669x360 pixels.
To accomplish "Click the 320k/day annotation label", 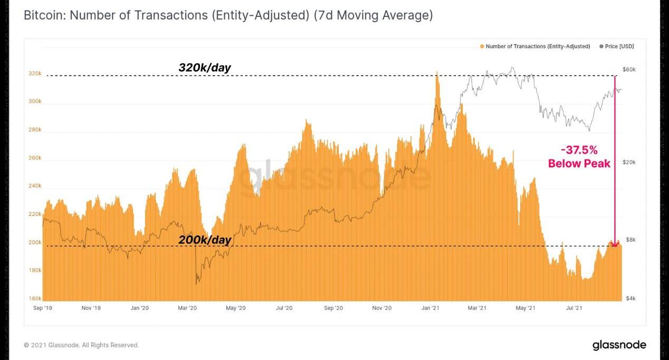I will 205,68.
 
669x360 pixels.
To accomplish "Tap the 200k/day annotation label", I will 205,240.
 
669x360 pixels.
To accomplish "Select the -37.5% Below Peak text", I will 579,157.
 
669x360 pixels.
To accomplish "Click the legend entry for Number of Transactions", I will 538,46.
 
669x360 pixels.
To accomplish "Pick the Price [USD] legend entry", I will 619,46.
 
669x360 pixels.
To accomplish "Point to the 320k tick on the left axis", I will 35,73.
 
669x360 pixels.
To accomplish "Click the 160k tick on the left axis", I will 35,298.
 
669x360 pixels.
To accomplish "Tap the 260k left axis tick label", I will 35,158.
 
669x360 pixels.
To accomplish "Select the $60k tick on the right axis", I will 629,69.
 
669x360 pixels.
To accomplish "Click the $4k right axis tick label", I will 630,298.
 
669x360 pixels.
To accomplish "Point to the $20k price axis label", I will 629,162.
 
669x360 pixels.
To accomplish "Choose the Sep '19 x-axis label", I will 43,308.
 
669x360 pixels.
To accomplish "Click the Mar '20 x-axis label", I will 187,308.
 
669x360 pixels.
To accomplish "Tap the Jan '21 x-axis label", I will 430,308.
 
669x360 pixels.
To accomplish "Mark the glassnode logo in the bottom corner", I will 619,345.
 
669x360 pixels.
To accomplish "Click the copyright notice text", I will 81,345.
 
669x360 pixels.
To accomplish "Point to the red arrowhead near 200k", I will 615,244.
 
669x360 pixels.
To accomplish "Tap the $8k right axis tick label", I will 630,240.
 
